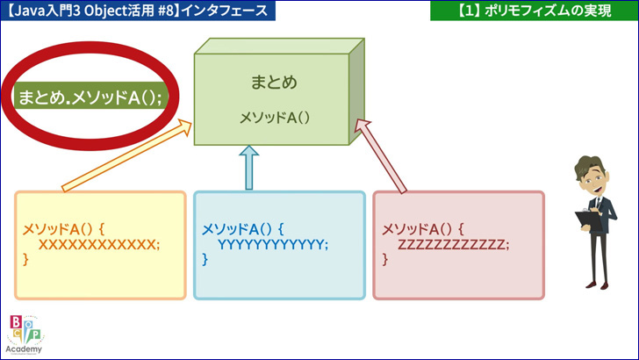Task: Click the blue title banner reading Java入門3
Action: click(x=138, y=11)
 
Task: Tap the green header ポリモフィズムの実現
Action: click(x=535, y=11)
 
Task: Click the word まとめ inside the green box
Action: click(x=274, y=82)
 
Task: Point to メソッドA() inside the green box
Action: click(x=274, y=118)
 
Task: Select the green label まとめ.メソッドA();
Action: click(x=90, y=97)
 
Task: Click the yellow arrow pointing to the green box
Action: click(x=126, y=155)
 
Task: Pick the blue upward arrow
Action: click(x=249, y=168)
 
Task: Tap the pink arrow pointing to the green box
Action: click(x=381, y=155)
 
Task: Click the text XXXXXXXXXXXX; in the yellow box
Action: click(x=99, y=245)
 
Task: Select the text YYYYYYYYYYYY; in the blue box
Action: click(x=273, y=245)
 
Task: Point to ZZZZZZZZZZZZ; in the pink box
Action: click(x=453, y=245)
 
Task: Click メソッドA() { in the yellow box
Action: click(x=63, y=229)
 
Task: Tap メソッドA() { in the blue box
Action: click(x=243, y=229)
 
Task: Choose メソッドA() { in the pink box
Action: click(x=422, y=229)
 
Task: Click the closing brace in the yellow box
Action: click(x=25, y=259)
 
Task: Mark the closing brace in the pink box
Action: click(x=384, y=259)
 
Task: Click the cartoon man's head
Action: click(x=591, y=176)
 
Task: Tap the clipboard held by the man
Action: click(x=588, y=221)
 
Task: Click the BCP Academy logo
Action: click(x=25, y=335)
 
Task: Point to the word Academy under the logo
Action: click(x=24, y=349)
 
